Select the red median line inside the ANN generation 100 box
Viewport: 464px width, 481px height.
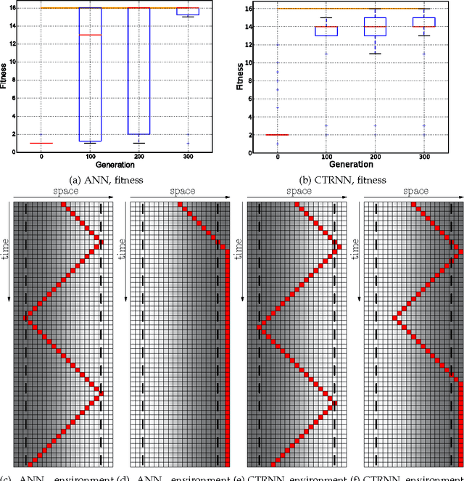90,35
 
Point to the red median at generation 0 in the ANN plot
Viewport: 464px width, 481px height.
41,143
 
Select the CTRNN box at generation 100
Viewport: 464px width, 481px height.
326,30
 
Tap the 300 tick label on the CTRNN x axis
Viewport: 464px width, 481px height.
423,157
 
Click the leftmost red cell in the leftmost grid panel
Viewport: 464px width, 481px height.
25,318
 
